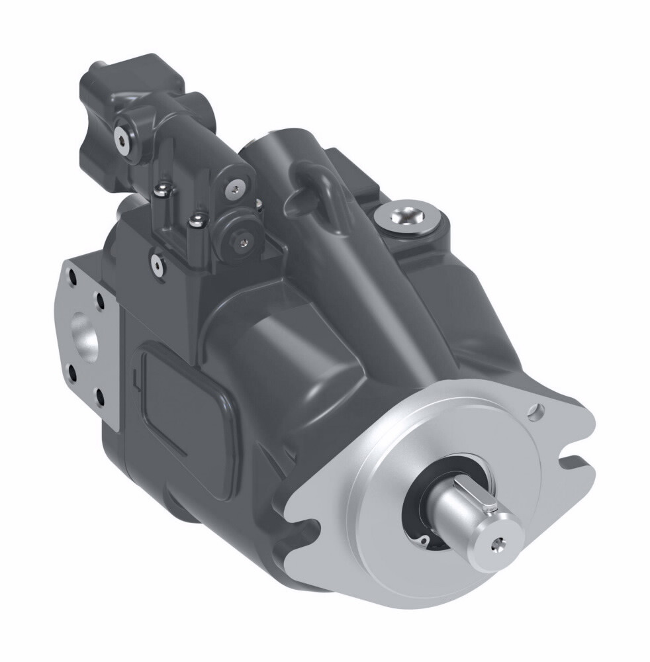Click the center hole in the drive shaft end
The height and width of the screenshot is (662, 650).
(496, 545)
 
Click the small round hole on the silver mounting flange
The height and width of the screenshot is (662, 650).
(535, 414)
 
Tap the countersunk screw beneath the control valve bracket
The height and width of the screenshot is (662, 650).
(157, 263)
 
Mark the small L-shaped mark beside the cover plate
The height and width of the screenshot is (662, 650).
(134, 379)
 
